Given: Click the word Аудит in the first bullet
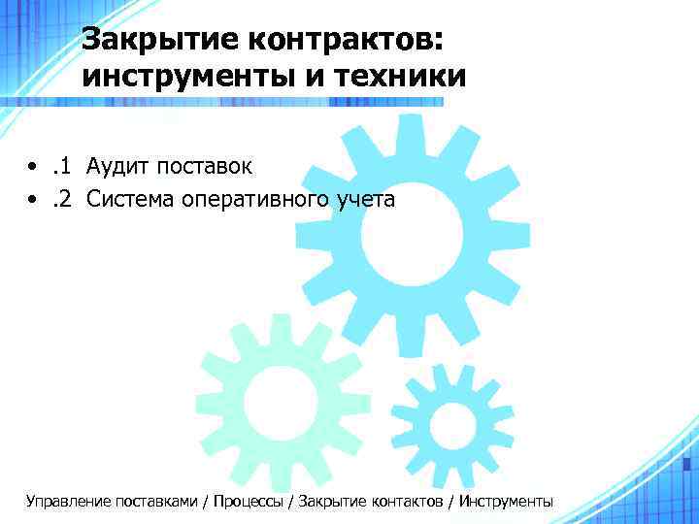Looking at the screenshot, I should coord(115,166).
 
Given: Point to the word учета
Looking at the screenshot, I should coord(365,201).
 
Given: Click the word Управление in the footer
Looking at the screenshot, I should coord(68,502).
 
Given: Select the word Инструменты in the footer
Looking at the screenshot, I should coord(506,502).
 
